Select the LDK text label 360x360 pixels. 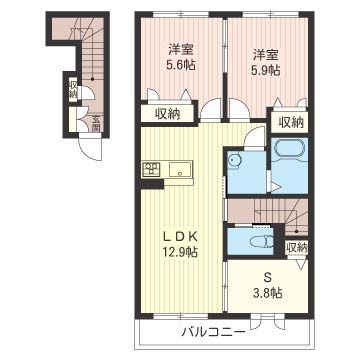(181, 236)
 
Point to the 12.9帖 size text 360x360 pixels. (181, 253)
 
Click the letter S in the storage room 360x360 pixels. (267, 276)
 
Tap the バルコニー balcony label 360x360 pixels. (215, 331)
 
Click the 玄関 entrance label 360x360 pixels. (96, 122)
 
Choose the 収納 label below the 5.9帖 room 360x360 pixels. (290, 122)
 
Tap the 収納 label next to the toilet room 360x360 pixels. (296, 247)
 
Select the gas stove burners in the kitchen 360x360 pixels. (151, 168)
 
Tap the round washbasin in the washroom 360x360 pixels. (233, 161)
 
